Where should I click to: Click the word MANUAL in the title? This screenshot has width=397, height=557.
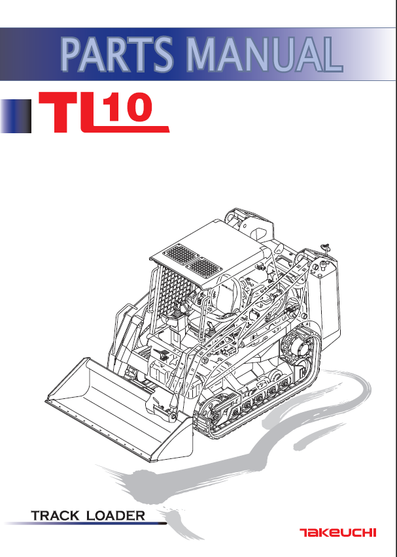click(266, 55)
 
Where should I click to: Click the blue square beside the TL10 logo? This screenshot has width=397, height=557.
click(16, 116)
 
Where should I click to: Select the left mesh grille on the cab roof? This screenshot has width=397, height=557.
click(176, 253)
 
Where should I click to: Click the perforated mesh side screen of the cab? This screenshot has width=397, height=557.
click(172, 294)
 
